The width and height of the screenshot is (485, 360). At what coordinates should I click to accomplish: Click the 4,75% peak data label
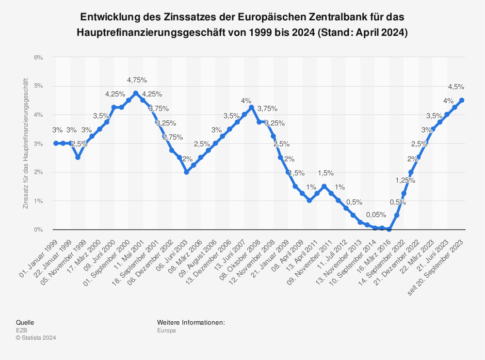[137, 80]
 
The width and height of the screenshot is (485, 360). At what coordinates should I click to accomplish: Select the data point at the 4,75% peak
[135, 93]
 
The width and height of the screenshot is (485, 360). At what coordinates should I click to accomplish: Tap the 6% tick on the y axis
[38, 57]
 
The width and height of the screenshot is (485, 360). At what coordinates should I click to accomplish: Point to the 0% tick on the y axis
[38, 229]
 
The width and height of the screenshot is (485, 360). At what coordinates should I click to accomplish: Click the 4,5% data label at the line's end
[456, 87]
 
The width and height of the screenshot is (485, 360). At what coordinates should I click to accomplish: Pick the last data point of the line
[462, 100]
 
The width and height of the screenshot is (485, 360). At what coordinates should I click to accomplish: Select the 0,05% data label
[376, 215]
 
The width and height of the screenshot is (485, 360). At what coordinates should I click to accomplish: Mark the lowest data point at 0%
[389, 229]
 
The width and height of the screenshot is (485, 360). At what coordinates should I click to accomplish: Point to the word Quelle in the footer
[25, 322]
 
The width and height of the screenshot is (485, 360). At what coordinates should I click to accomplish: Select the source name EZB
[22, 330]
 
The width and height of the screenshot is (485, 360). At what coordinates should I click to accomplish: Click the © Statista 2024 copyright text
[36, 338]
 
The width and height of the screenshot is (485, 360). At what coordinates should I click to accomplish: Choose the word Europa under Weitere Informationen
[166, 330]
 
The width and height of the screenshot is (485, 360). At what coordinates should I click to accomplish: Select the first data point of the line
[56, 143]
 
